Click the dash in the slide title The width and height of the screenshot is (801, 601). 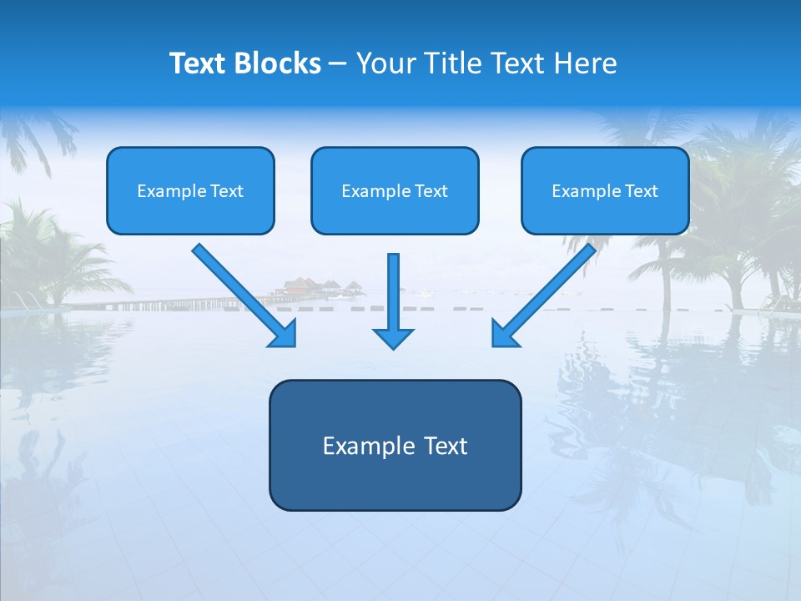[x=338, y=64]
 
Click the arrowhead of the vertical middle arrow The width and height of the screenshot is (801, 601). [x=394, y=337]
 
